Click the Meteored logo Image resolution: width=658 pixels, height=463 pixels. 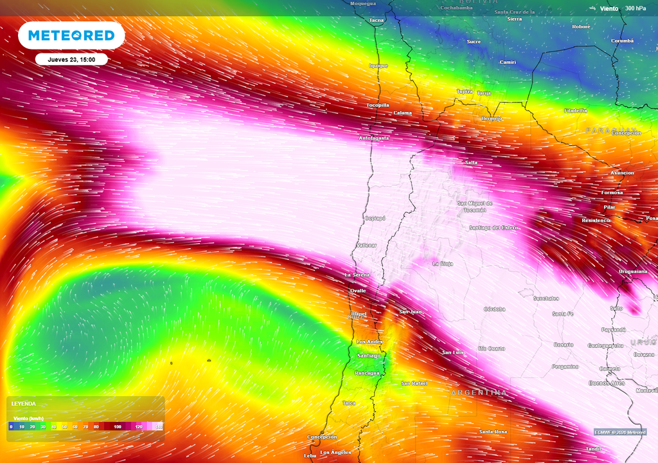coord(71,35)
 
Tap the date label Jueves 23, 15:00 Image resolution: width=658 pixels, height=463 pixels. coord(71,59)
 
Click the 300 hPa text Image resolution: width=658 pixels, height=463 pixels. coord(635,8)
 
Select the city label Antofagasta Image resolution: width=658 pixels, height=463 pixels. coord(374,138)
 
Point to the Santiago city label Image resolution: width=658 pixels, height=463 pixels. coord(369,356)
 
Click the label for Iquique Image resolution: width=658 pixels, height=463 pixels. coord(378,66)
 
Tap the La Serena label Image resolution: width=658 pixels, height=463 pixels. coord(357,275)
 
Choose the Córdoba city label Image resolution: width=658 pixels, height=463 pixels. coord(494,309)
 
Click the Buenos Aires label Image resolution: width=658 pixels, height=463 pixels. coord(607,383)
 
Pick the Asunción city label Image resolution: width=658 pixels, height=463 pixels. coord(621,173)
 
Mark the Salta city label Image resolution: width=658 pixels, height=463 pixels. coord(471,162)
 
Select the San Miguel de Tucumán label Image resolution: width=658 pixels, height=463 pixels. coord(476,206)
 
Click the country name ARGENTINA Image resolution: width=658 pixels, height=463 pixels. coord(479,392)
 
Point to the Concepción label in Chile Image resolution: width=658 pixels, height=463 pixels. coord(322,437)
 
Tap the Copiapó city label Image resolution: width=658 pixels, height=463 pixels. coord(375,218)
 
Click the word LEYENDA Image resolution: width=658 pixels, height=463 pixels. coord(23,404)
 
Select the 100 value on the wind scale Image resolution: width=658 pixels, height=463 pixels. coord(118,426)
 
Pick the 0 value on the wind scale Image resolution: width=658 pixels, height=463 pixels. coord(11,426)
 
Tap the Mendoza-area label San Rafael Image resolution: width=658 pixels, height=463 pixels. coord(414,383)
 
